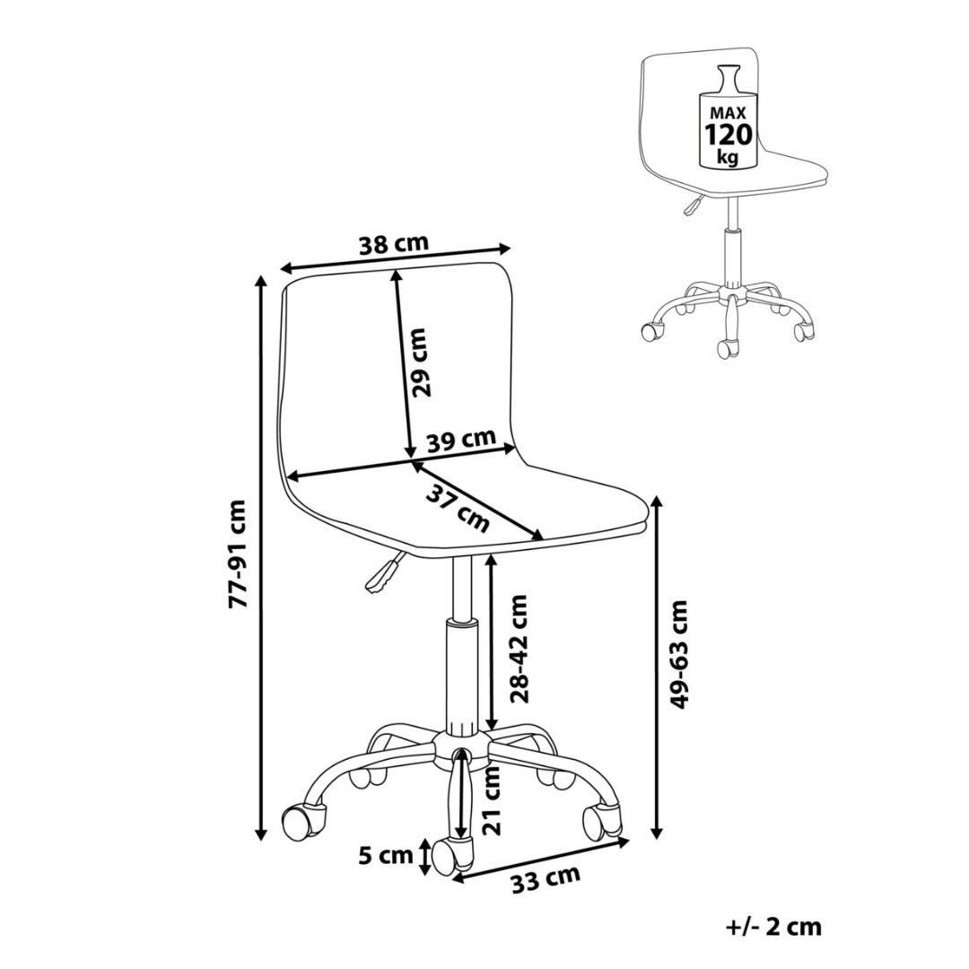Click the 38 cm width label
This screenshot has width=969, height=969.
point(394,242)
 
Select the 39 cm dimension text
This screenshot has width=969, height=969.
point(461,441)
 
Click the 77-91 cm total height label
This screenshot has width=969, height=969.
point(237,554)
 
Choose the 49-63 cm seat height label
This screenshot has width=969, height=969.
point(681,654)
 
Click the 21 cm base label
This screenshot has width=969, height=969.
point(491,800)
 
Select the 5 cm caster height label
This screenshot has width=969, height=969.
point(388,855)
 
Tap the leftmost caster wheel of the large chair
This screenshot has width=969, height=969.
point(303,818)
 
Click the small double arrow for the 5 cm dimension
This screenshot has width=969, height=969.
point(423,857)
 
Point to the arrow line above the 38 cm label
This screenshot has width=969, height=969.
point(396,258)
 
